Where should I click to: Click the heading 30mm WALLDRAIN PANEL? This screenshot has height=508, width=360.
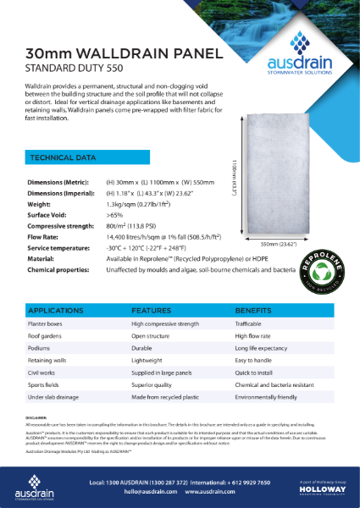pyautogui.click(x=124, y=54)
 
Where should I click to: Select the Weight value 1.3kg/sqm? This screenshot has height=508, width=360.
pyautogui.click(x=147, y=204)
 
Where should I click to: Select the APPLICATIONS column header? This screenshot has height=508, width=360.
pyautogui.click(x=55, y=311)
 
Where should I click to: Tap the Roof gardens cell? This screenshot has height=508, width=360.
pyautogui.click(x=45, y=336)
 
